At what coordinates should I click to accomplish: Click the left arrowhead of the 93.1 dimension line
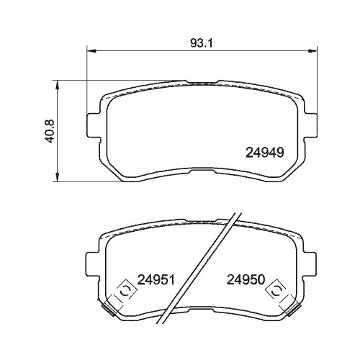(90, 50)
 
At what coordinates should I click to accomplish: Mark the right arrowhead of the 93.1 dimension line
(315, 50)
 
